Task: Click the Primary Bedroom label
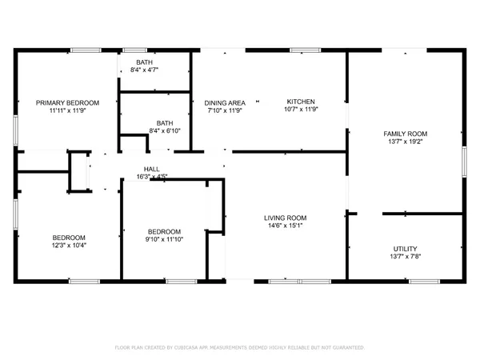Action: pos(68,102)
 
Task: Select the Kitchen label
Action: pos(301,102)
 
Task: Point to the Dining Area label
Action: pos(225,102)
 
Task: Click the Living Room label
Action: pos(286,218)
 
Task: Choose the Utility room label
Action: pos(405,249)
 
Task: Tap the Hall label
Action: pos(151,169)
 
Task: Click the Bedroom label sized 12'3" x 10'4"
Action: pos(69,238)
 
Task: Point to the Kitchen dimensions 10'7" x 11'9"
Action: pos(301,110)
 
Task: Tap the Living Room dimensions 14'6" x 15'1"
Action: pos(286,226)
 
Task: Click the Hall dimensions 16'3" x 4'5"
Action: pos(151,176)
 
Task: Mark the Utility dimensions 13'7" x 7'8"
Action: pos(405,257)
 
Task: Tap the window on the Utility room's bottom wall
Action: pos(423,281)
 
